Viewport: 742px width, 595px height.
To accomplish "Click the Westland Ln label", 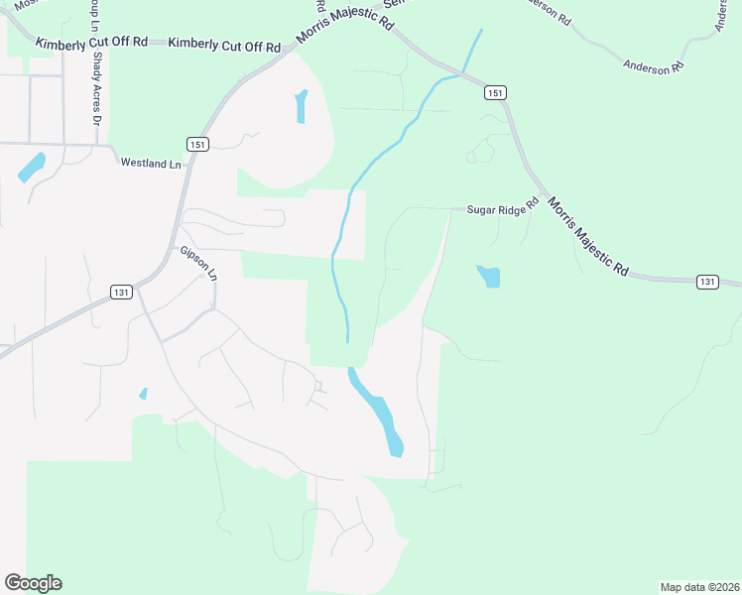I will pos(153,162).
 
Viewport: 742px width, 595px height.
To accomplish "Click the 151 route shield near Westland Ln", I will pos(199,145).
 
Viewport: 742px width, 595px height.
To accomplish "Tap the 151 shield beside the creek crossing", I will pos(496,92).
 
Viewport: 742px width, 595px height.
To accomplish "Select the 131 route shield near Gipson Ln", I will pos(121,292).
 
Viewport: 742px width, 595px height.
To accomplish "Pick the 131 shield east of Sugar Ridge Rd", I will pos(706,282).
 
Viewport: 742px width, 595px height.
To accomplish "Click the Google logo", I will pos(33,582).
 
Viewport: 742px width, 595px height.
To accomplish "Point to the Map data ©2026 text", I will pos(698,586).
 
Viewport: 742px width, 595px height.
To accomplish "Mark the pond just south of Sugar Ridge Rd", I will pos(489,276).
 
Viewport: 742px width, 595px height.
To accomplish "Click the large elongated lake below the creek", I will pos(379,411).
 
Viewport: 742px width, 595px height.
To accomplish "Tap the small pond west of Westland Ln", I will pos(31,167).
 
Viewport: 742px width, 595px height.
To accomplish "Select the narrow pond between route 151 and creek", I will pos(301,107).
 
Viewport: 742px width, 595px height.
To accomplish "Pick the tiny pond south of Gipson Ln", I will pos(144,394).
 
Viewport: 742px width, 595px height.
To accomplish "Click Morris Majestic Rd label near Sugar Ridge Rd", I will pos(588,236).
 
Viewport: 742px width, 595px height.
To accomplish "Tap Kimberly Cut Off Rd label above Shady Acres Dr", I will pos(91,43).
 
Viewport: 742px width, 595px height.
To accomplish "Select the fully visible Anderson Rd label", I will pos(655,66).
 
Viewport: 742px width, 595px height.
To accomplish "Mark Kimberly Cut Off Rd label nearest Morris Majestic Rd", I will pos(224,45).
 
